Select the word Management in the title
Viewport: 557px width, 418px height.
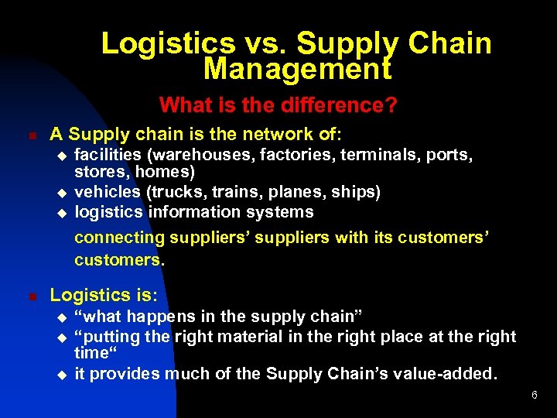pyautogui.click(x=297, y=69)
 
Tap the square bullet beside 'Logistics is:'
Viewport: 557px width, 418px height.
pyautogui.click(x=32, y=296)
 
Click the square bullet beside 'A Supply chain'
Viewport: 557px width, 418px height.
pyautogui.click(x=32, y=135)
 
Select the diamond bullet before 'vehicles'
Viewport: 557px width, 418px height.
pyautogui.click(x=63, y=192)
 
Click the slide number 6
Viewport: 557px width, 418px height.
pyautogui.click(x=534, y=396)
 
